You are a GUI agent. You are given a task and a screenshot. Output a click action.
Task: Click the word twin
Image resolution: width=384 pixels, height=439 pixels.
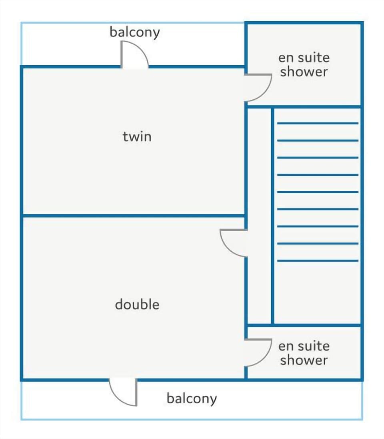[x=137, y=136]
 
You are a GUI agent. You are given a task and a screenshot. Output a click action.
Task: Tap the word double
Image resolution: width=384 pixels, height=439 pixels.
[x=137, y=304]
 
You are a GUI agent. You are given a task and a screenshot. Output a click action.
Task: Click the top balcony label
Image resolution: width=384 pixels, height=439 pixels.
[x=135, y=32]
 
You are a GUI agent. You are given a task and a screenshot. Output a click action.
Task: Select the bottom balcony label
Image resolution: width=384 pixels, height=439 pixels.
[x=192, y=399]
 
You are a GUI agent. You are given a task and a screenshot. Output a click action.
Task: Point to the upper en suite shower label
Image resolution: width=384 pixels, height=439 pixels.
[x=304, y=65]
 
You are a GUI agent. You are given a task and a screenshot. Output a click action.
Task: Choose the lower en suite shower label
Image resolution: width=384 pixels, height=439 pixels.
[x=304, y=353]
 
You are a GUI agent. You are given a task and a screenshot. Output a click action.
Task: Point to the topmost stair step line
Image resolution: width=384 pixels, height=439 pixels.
[x=318, y=123]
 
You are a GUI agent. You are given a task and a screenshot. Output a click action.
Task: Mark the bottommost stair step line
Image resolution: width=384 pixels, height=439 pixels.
[x=318, y=261]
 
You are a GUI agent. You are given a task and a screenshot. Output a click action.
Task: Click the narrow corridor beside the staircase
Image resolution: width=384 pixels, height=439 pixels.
[x=259, y=216]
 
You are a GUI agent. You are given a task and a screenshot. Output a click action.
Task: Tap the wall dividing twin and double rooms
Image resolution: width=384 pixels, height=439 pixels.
[x=134, y=216]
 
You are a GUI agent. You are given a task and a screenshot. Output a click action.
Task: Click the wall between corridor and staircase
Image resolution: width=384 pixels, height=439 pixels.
[x=272, y=216]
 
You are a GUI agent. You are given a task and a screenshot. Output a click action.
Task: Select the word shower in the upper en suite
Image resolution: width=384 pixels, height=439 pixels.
[x=304, y=71]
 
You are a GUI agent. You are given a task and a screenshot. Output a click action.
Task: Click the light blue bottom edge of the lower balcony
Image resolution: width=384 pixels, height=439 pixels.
[x=192, y=419]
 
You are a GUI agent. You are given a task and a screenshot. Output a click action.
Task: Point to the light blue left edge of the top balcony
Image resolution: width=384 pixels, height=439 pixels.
[x=22, y=44]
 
